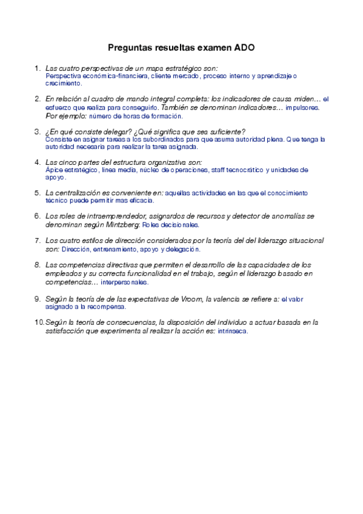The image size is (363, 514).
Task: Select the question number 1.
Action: click(x=38, y=68)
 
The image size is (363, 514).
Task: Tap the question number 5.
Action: click(x=38, y=192)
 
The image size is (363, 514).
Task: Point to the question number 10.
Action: click(x=38, y=322)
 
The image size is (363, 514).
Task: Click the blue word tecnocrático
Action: click(x=244, y=170)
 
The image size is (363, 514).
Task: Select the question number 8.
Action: click(x=38, y=265)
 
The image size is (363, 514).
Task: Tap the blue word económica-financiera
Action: click(x=115, y=76)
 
